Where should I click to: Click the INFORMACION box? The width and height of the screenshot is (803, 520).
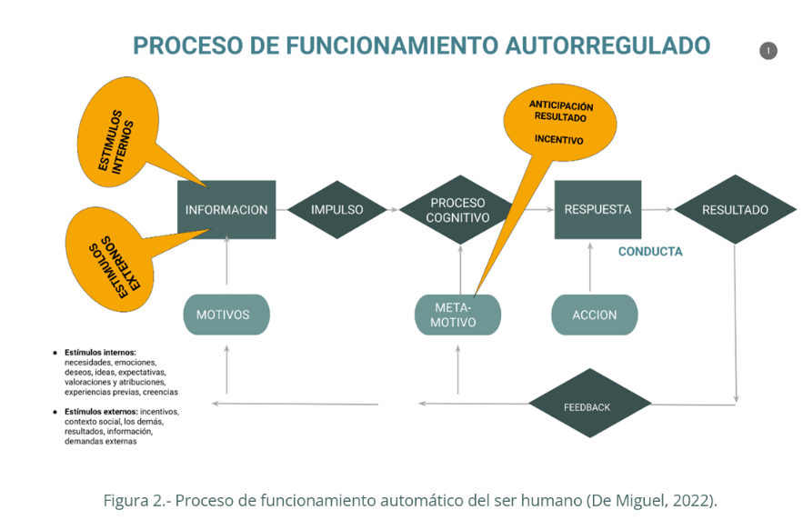click(226, 209)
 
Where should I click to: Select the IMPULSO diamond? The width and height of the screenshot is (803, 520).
click(336, 209)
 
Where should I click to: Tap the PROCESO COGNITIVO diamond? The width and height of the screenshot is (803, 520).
click(457, 210)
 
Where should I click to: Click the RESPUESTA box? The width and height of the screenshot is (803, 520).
click(597, 209)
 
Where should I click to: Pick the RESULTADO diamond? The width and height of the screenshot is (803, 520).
click(735, 210)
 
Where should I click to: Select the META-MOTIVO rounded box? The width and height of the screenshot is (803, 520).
click(457, 315)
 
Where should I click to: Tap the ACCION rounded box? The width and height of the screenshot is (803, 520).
click(595, 315)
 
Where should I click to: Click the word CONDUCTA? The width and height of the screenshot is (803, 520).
click(650, 252)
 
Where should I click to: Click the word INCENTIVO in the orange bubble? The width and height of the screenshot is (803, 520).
click(558, 139)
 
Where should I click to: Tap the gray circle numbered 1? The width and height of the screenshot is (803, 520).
click(768, 51)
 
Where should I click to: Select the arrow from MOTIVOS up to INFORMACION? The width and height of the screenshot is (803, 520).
click(226, 266)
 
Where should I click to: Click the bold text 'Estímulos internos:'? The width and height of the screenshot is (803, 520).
click(100, 352)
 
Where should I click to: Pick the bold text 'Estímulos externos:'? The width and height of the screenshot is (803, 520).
click(101, 412)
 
